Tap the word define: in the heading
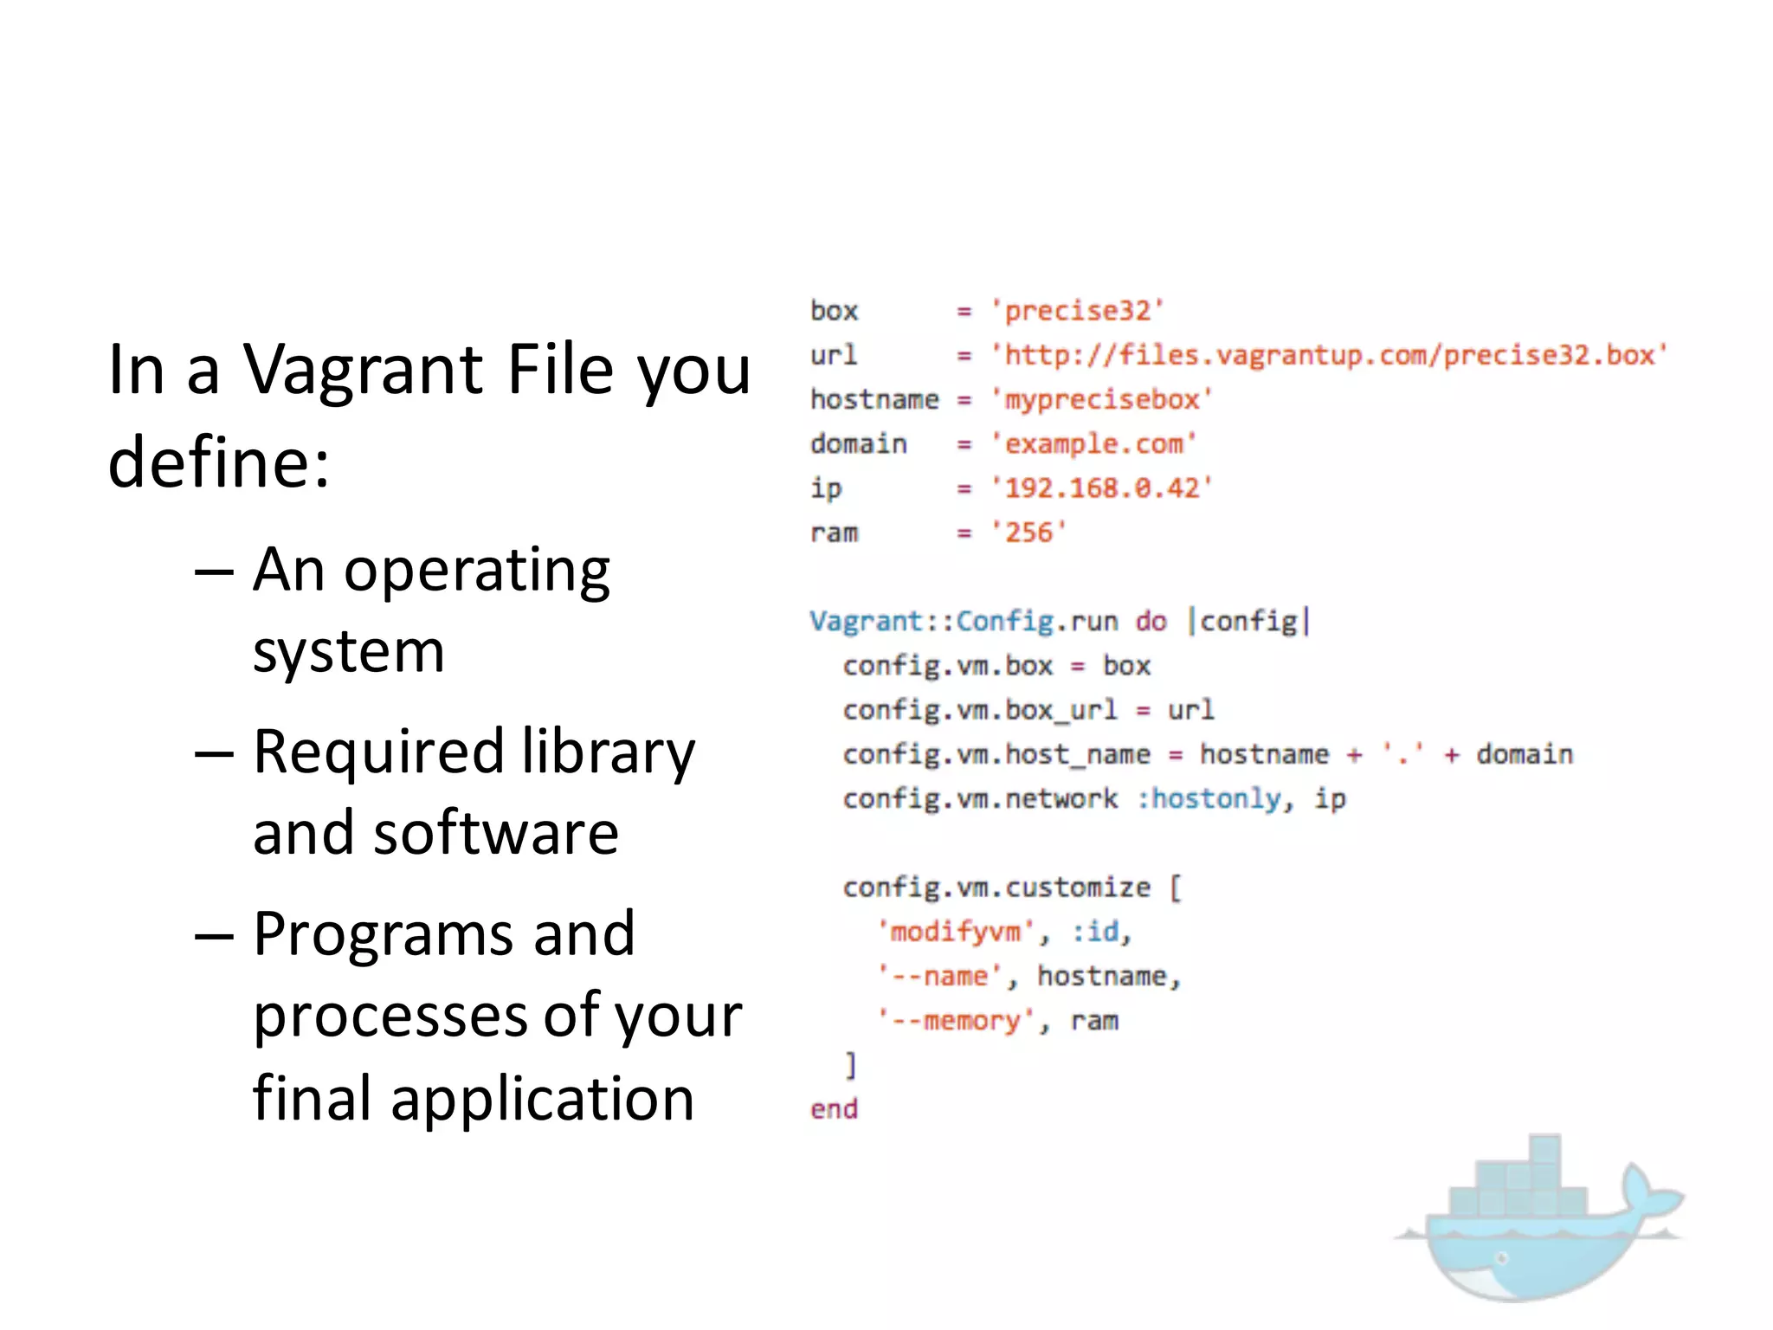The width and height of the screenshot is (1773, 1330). [x=219, y=462]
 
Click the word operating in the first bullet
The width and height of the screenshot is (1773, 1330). [x=477, y=571]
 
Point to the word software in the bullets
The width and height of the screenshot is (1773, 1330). [x=496, y=833]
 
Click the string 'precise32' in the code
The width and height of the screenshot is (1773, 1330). [x=1078, y=311]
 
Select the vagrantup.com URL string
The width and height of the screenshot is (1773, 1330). [x=1329, y=355]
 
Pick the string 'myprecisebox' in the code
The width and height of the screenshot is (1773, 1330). [x=1102, y=399]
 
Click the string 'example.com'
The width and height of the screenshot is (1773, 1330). [x=1093, y=444]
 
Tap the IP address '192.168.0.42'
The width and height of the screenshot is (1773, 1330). [x=1102, y=488]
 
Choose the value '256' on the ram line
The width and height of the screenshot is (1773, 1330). [x=1029, y=533]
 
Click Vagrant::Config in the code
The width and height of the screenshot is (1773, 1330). [x=932, y=622]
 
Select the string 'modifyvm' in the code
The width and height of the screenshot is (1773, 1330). [x=956, y=933]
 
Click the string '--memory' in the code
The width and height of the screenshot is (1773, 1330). [x=956, y=1022]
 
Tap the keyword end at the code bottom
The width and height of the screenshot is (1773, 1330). [x=834, y=1110]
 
